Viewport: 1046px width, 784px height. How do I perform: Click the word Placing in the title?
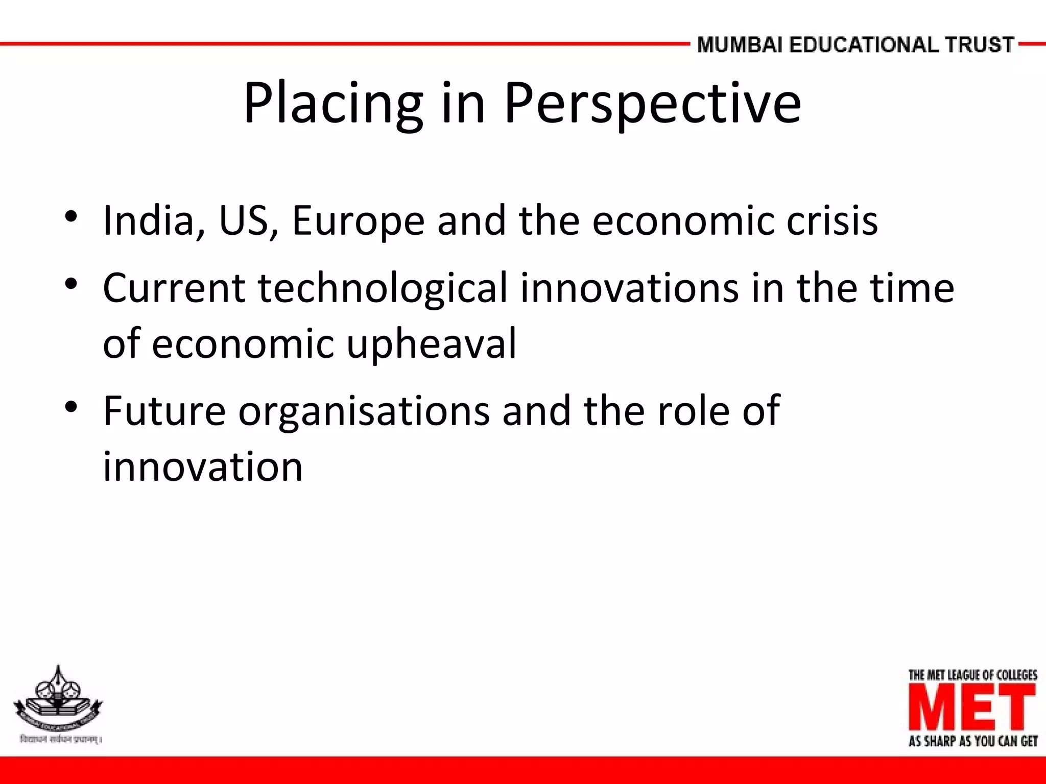coord(333,104)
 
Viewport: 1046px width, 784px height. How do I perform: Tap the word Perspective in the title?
coord(652,104)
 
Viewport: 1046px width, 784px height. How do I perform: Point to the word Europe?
coord(358,220)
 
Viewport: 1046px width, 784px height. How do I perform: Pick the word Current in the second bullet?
coord(174,288)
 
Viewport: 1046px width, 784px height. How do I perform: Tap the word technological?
coord(383,288)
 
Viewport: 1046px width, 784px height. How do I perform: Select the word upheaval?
coord(432,343)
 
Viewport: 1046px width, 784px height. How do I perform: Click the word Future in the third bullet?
coord(164,411)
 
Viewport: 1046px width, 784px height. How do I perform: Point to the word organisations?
coord(364,411)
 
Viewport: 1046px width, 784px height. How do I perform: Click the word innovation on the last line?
coord(203,467)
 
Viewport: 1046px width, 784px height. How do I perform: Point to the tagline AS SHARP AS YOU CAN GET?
coord(972,741)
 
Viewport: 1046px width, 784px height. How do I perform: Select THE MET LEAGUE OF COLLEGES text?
coord(972,675)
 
